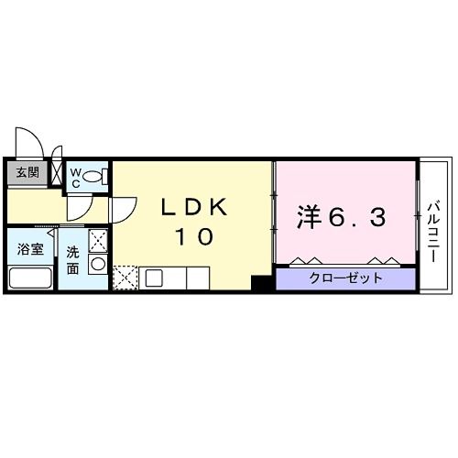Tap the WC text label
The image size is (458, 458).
click(x=76, y=175)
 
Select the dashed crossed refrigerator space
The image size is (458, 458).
click(x=125, y=277)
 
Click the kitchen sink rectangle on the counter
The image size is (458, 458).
click(x=153, y=277)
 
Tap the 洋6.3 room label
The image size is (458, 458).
click(x=341, y=217)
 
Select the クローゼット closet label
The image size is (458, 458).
click(x=345, y=278)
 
